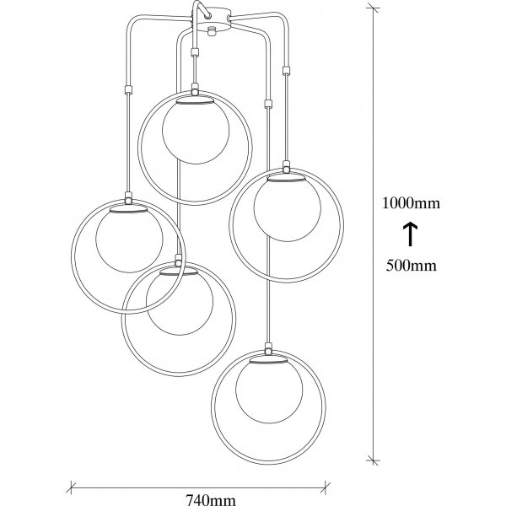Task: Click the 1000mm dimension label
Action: (x=411, y=203)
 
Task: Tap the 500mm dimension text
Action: (x=411, y=265)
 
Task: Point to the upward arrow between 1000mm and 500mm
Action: (x=411, y=233)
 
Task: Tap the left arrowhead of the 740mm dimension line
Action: (x=70, y=487)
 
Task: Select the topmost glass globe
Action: (x=194, y=129)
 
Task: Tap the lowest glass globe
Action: (x=266, y=387)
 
